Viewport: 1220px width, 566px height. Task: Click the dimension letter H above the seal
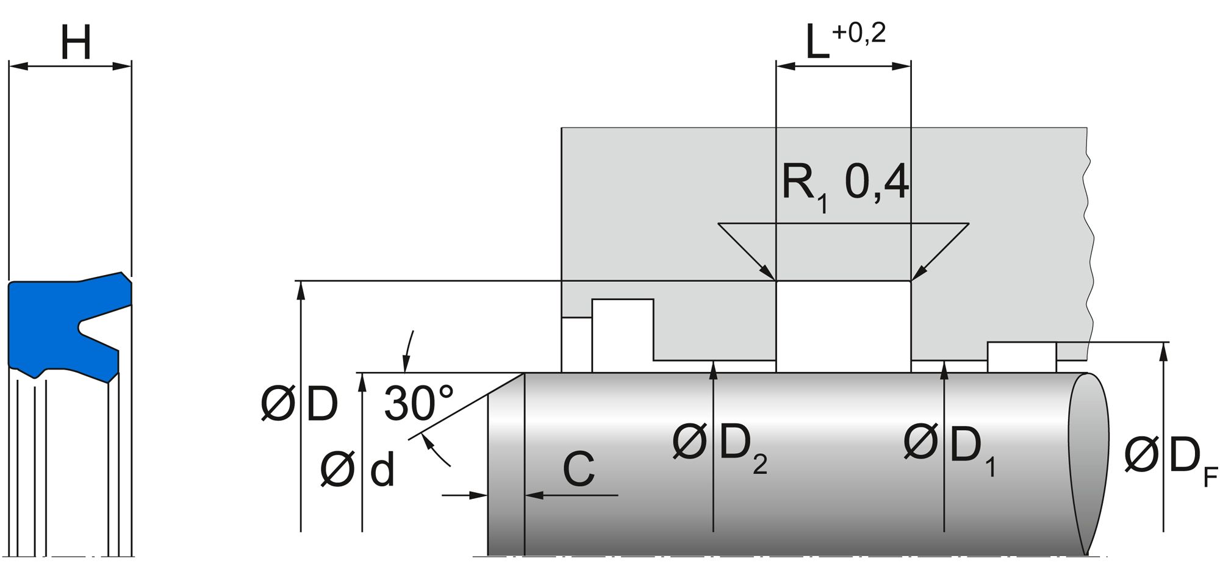coord(76,43)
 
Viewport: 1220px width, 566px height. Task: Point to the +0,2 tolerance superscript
coord(858,33)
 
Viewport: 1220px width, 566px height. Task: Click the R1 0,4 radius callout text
coord(845,184)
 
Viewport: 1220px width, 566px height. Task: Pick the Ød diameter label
coord(357,470)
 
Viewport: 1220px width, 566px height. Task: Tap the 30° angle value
coord(419,404)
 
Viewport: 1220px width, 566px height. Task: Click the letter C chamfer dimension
coord(578,470)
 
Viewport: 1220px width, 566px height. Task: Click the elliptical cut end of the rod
coord(1088,464)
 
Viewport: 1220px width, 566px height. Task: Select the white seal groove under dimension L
coord(843,326)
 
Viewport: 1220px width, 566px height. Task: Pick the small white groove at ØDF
coord(1022,357)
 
